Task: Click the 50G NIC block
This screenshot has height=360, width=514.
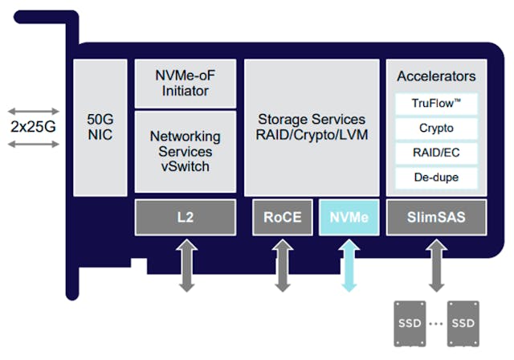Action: (x=100, y=128)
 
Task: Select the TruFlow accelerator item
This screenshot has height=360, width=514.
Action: (x=436, y=104)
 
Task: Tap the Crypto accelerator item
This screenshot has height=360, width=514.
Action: (x=436, y=128)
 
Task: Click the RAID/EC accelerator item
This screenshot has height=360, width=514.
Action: (x=436, y=152)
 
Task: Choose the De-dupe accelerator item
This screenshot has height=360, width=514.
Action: (x=436, y=177)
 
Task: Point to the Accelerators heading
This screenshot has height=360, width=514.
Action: (x=436, y=76)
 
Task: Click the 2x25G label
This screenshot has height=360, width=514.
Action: (x=34, y=127)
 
